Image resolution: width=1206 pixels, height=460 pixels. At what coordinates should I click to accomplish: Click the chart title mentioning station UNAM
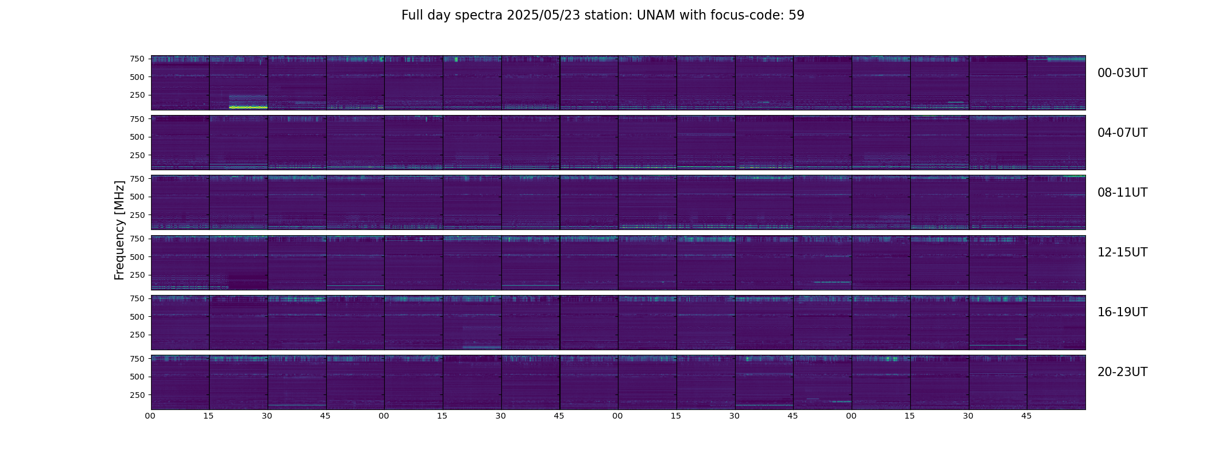602,16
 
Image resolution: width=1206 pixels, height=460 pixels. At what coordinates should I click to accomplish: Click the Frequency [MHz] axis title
119,230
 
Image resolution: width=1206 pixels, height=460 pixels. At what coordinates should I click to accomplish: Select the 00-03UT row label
1122,73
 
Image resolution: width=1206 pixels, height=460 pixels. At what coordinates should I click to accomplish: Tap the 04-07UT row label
1122,133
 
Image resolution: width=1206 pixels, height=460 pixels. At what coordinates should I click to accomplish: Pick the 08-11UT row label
1122,193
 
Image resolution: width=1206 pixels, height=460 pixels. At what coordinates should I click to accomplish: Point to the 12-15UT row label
1122,252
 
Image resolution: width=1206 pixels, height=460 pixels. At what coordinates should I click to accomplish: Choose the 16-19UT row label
1122,312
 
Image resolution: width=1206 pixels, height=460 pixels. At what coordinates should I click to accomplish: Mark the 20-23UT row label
1122,372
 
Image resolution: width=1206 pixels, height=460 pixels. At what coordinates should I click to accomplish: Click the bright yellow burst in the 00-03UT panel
248,108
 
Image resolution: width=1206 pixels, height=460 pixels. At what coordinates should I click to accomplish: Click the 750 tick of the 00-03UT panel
137,59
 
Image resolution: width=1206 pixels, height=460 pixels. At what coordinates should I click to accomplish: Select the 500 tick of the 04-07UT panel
137,137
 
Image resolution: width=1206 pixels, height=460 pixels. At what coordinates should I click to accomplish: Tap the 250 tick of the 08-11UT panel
137,215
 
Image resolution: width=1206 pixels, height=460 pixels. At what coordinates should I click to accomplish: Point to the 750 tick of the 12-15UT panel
137,239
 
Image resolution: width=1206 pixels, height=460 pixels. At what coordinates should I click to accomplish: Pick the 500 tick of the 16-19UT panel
137,317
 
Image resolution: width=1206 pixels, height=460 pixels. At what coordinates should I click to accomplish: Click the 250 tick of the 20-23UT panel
137,395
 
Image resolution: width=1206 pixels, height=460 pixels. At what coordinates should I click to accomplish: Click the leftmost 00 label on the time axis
150,416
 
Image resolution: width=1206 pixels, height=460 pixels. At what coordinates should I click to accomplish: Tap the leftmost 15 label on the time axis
208,416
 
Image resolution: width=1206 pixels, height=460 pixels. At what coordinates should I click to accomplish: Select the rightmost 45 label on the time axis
1026,416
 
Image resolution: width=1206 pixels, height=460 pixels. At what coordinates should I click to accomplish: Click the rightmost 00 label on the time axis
851,416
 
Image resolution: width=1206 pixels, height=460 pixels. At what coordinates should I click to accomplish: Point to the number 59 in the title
797,16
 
